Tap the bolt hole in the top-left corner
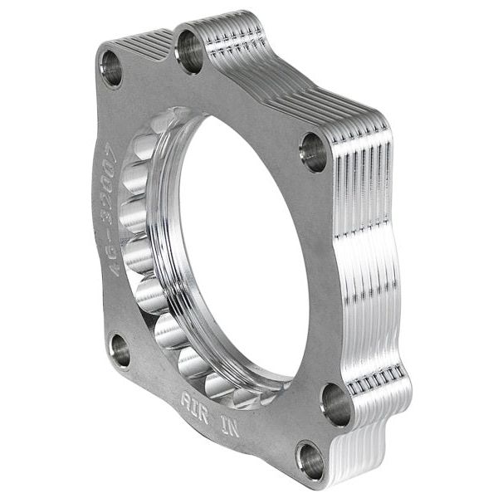click(110, 68)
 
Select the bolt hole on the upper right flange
click(314, 152)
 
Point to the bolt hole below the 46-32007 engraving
click(120, 350)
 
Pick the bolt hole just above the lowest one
click(336, 404)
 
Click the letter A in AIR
click(186, 397)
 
